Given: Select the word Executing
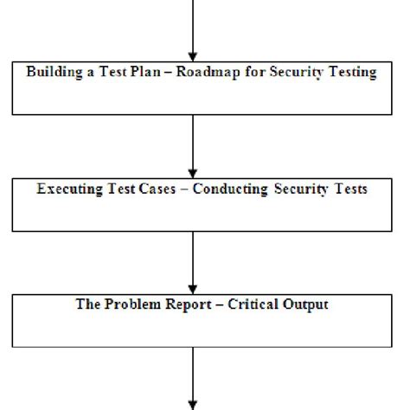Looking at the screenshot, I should point(68,189).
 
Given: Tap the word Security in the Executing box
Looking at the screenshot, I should point(304,189).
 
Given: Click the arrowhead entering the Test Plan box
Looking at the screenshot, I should point(192,53).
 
